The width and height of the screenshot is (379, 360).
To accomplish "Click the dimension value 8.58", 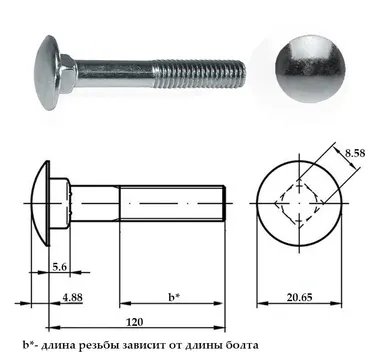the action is [x=355, y=153].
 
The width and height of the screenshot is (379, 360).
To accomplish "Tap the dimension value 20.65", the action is [x=299, y=297].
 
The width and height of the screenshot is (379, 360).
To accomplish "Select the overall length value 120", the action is [x=135, y=322].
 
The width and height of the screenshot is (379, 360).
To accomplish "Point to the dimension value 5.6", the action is [x=60, y=267].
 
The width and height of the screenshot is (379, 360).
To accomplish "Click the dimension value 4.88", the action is [x=72, y=297].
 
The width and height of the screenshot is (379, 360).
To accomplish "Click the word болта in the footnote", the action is [x=243, y=345].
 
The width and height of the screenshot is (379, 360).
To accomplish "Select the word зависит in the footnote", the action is [x=143, y=345].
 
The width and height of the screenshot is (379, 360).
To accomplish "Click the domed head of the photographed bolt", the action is [x=47, y=72].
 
